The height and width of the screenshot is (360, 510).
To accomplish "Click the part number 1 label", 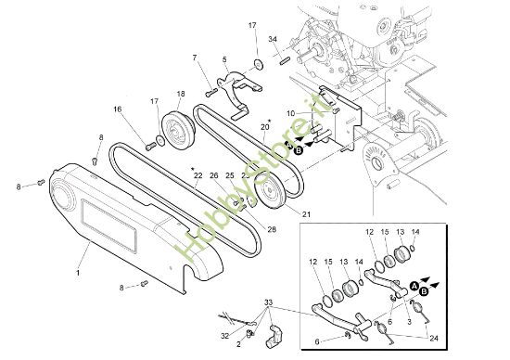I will (x=78, y=276).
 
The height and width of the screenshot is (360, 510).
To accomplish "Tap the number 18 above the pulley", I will (x=181, y=94).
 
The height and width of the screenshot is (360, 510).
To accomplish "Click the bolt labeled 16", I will (x=149, y=144).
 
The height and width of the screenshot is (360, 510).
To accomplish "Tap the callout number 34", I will (x=272, y=39).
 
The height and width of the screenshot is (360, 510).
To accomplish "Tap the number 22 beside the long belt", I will (x=198, y=175).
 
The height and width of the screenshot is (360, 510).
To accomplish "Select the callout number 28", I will (x=272, y=229).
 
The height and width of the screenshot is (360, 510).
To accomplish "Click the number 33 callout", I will (x=268, y=303).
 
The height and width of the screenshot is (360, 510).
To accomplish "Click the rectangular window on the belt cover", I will (x=110, y=226).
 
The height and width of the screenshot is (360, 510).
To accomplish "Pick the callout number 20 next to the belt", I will (x=264, y=127).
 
